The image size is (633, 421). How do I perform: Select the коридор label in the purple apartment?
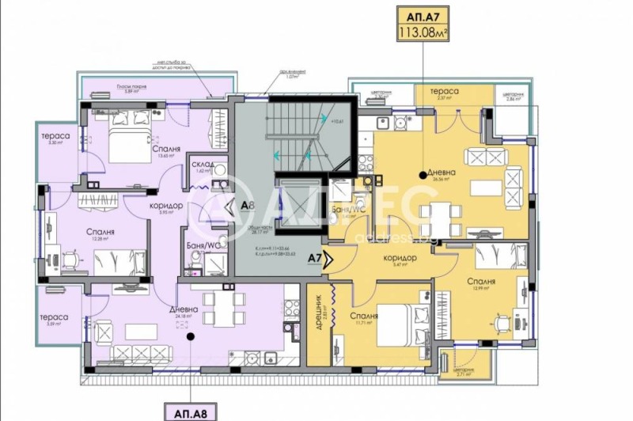point(167,206)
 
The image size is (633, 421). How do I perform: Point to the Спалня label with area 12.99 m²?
point(480,281)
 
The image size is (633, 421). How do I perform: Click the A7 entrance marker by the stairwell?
point(314,257)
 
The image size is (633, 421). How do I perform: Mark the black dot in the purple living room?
point(189,336)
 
